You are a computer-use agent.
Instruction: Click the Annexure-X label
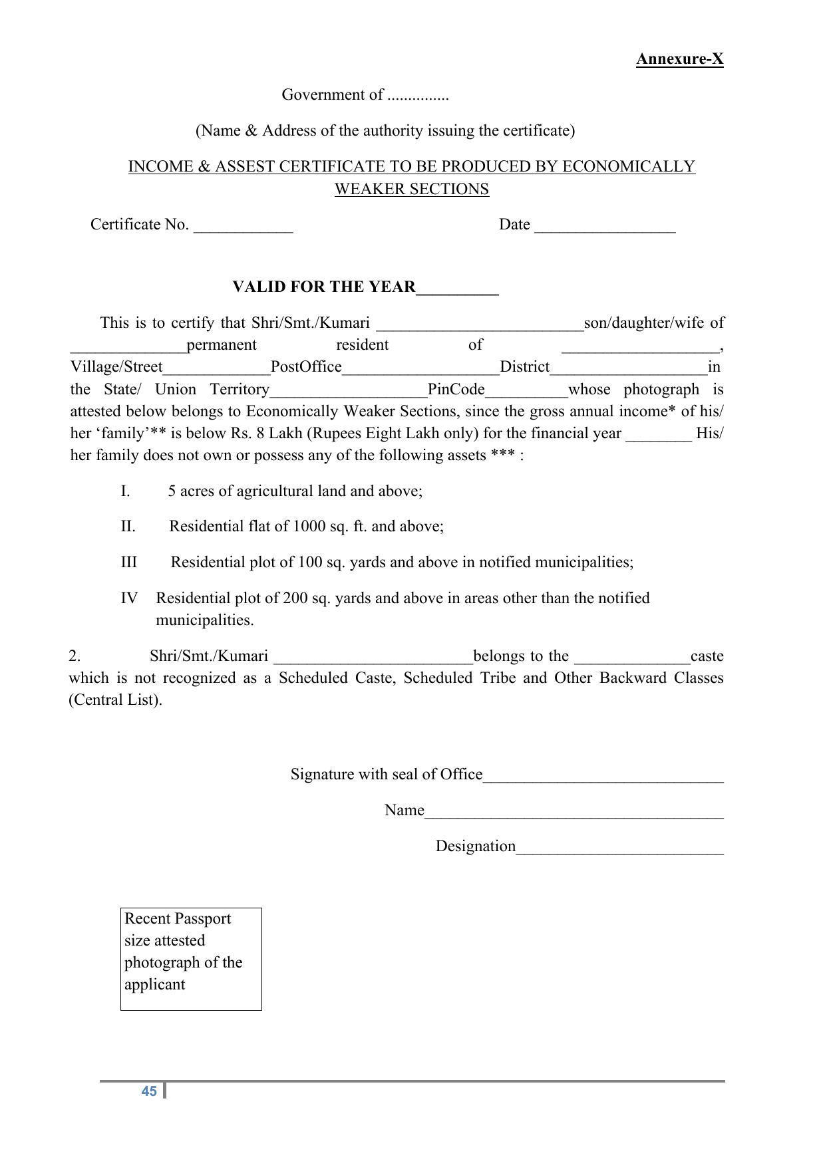pyautogui.click(x=679, y=59)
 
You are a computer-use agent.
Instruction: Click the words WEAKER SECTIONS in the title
pyautogui.click(x=411, y=189)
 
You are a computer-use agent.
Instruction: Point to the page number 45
pyautogui.click(x=149, y=1091)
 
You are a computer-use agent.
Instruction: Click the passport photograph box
pyautogui.click(x=191, y=958)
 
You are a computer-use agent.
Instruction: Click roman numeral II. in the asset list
pyautogui.click(x=128, y=527)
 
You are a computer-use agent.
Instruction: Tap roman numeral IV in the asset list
pyautogui.click(x=129, y=598)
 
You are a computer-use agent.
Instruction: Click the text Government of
pyautogui.click(x=332, y=94)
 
